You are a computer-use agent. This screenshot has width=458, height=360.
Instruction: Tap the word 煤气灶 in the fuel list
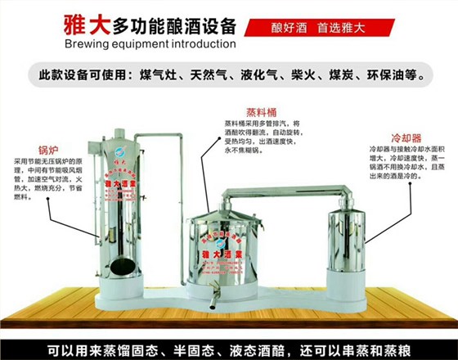[162, 76]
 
